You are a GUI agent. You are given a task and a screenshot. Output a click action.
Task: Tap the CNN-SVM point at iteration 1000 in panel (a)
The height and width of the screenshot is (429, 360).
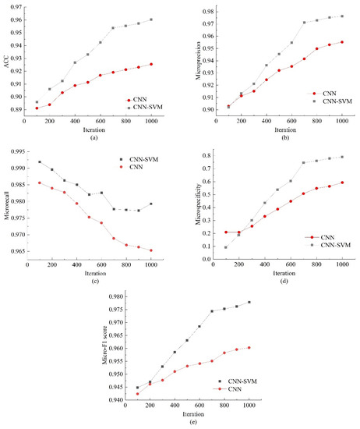tap(151, 19)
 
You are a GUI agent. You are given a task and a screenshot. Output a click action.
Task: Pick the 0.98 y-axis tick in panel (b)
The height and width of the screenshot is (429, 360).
tap(208, 12)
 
